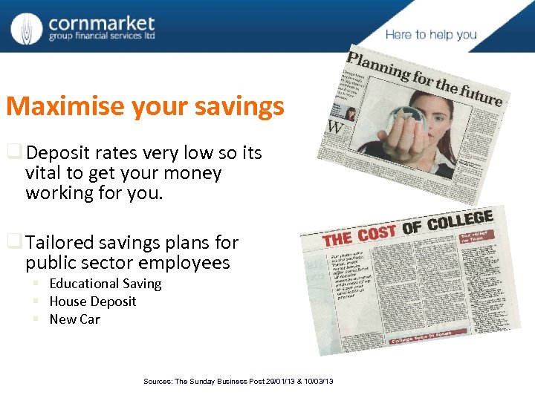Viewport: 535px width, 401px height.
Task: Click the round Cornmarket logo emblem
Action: (x=27, y=28)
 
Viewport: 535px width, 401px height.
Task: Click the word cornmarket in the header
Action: (x=101, y=24)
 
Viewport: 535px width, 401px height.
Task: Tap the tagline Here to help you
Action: (x=431, y=35)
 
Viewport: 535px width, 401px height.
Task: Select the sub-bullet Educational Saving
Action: (x=105, y=284)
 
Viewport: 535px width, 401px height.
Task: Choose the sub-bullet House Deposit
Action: (x=93, y=301)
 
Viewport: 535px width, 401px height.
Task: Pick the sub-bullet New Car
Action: (x=74, y=319)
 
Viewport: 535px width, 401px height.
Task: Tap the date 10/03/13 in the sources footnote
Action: (x=318, y=382)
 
